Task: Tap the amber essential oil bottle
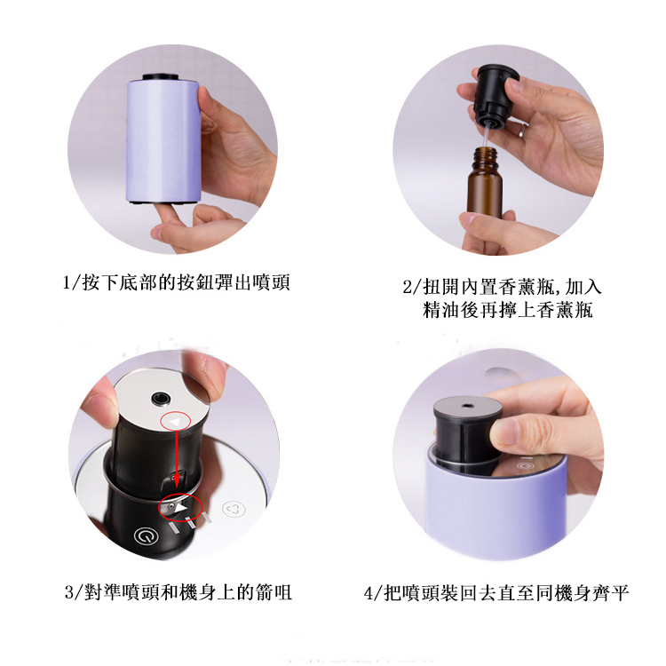click(485, 183)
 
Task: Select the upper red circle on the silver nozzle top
click(176, 421)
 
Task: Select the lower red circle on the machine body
click(180, 507)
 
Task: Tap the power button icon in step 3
click(146, 536)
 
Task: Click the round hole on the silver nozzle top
click(162, 399)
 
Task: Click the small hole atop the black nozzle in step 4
click(468, 406)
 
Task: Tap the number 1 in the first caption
click(67, 282)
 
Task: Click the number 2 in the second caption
click(407, 287)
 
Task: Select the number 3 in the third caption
click(69, 592)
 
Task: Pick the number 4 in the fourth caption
click(369, 593)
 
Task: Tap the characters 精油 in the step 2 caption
click(440, 310)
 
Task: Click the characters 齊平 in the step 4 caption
click(611, 593)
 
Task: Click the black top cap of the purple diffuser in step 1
click(161, 77)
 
